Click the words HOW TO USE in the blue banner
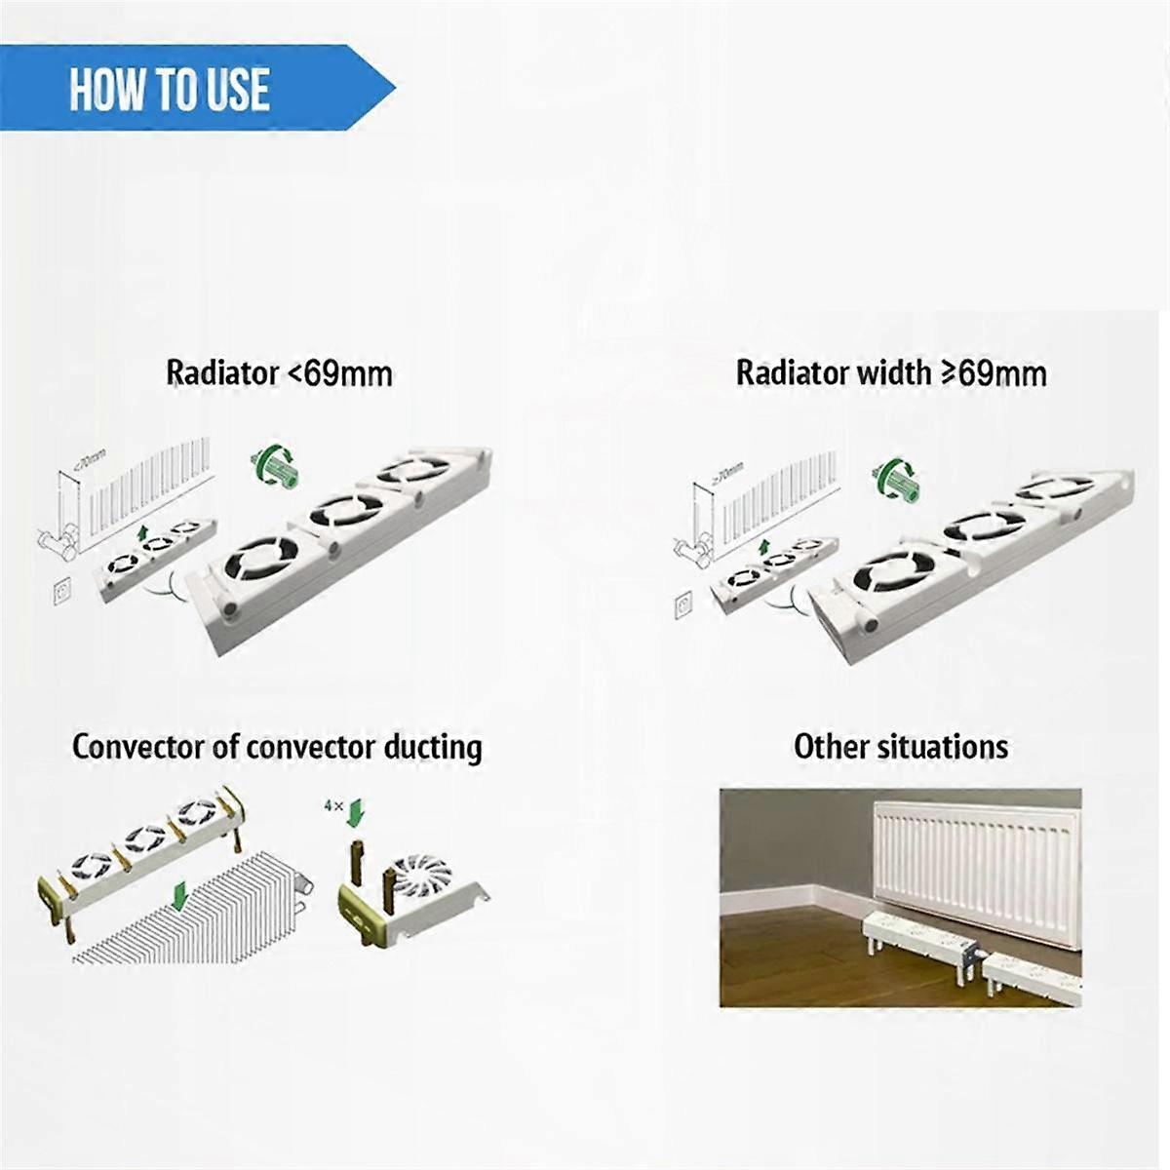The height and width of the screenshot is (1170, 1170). [x=170, y=91]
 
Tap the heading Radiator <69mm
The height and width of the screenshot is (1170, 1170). [x=279, y=373]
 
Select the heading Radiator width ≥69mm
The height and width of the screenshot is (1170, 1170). [x=891, y=373]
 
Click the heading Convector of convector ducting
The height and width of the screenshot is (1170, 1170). [x=277, y=748]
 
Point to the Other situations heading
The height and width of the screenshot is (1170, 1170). [x=900, y=748]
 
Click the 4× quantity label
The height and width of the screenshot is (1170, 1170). [x=333, y=806]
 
